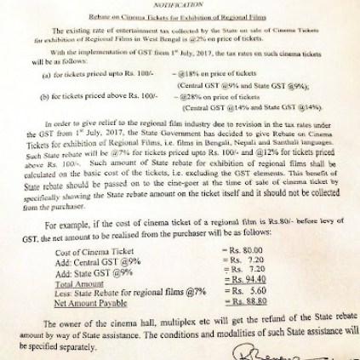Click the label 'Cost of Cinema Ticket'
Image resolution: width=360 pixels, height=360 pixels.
(x=94, y=252)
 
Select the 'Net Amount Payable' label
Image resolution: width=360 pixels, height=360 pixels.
(x=90, y=302)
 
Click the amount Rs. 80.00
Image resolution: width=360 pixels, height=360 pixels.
(x=245, y=249)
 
